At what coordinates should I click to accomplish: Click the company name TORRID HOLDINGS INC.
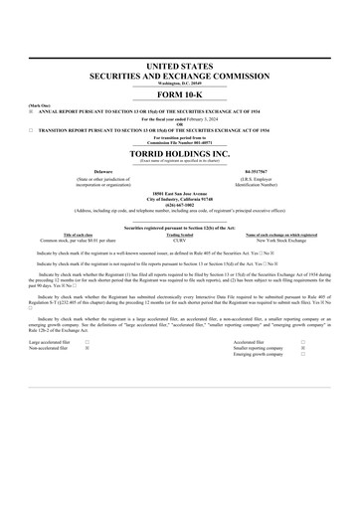pyautogui.click(x=179, y=155)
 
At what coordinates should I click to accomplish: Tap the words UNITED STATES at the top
pyautogui.click(x=179, y=65)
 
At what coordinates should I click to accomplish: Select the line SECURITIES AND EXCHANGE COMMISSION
pyautogui.click(x=179, y=74)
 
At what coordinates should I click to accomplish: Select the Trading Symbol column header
pyautogui.click(x=179, y=235)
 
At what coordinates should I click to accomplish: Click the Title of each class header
pyautogui.click(x=83, y=235)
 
